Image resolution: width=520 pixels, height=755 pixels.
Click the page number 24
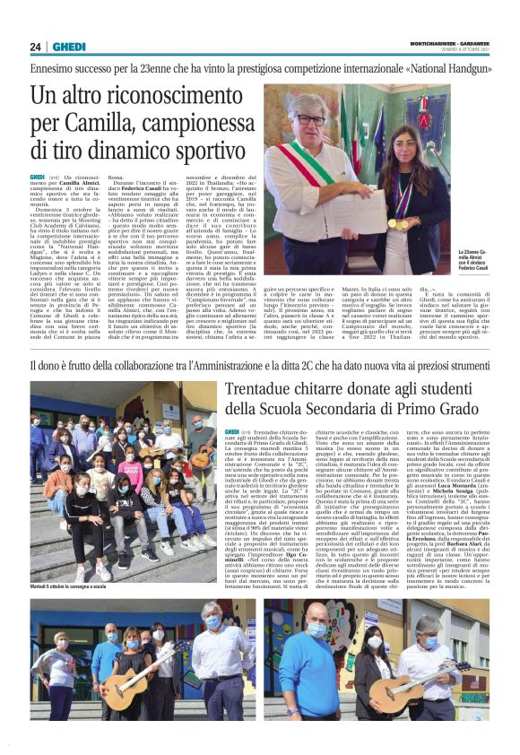point(36,47)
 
